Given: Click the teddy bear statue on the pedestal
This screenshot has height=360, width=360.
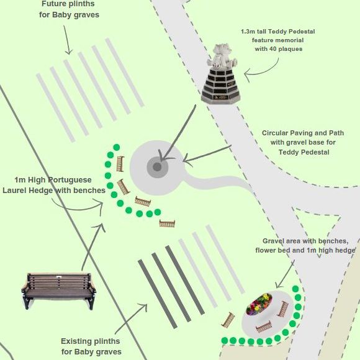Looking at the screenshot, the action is click(x=222, y=56).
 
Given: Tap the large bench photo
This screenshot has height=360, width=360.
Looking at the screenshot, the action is click(x=59, y=290).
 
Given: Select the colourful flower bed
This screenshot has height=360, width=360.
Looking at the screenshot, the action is click(x=259, y=304).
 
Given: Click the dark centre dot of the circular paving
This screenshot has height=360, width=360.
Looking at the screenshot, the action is click(x=157, y=167).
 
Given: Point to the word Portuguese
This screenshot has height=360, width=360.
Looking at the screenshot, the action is click(x=70, y=180).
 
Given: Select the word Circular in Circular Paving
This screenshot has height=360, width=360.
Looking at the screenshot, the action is click(x=275, y=133).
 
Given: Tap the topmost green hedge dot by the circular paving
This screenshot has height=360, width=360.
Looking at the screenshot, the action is click(x=117, y=147).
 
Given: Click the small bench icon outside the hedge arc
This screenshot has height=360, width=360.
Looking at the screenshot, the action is click(x=167, y=223).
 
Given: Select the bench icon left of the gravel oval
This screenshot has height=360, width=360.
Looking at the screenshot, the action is click(x=228, y=320).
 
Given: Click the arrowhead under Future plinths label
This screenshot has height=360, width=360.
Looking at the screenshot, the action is click(x=68, y=52).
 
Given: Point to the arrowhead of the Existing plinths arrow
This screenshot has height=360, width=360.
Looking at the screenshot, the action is click(x=144, y=307).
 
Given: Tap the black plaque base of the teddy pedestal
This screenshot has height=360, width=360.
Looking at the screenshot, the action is click(x=220, y=86).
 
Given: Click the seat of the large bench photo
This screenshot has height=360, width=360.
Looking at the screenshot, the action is click(x=59, y=293).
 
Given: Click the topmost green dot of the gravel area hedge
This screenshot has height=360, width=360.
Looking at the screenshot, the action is click(x=295, y=289).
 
